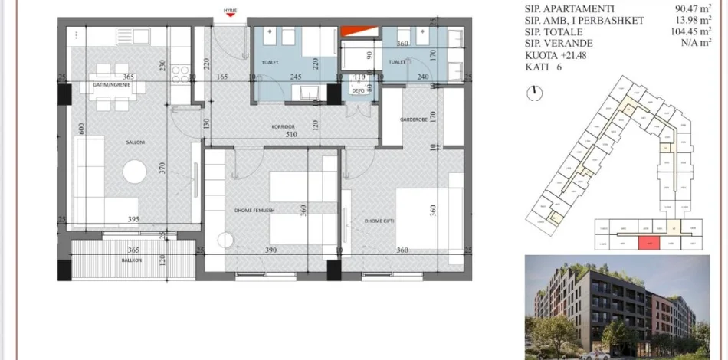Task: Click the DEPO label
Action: click(357, 90)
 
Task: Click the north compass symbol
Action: click(536, 93)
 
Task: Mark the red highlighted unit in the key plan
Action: click(648, 243)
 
